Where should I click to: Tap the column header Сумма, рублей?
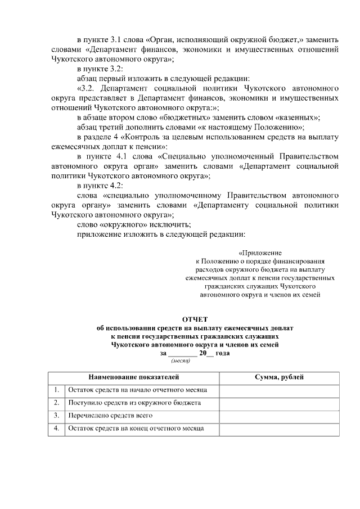[x=279, y=376]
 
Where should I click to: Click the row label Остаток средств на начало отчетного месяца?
[x=137, y=390]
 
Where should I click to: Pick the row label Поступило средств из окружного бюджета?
[x=134, y=403]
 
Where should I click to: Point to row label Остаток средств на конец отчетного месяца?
[x=136, y=429]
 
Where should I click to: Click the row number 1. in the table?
[x=57, y=390]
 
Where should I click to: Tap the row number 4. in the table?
[x=57, y=429]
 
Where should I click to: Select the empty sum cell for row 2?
[x=279, y=403]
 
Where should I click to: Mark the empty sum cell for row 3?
[x=279, y=416]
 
